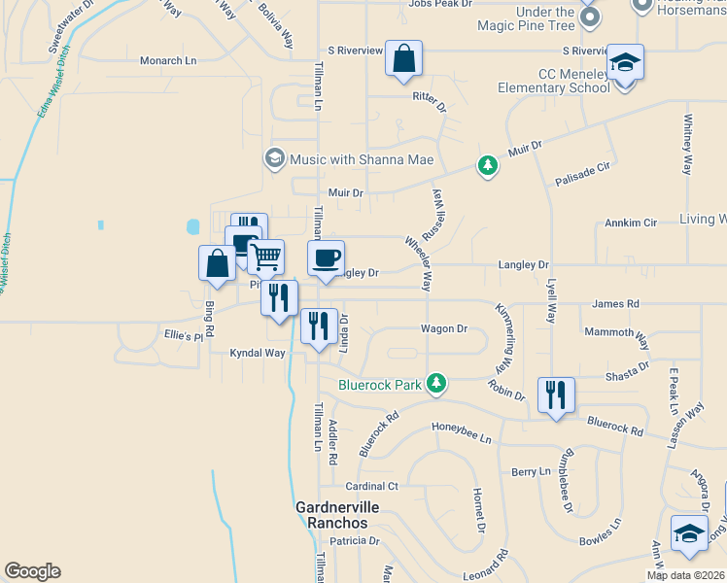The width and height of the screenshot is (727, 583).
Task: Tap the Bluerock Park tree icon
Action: click(x=437, y=384)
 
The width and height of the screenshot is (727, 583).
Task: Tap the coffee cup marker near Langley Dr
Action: click(x=326, y=258)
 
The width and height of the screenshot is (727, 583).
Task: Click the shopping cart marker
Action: click(x=265, y=257)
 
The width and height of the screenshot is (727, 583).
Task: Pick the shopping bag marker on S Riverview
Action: click(x=403, y=58)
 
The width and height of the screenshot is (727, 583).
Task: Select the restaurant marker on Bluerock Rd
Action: click(x=556, y=394)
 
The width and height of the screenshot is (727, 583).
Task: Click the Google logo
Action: click(x=32, y=571)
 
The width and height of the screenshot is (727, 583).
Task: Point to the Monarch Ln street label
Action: click(x=168, y=60)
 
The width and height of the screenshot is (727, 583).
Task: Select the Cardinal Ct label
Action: click(x=372, y=486)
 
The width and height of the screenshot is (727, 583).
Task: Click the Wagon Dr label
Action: click(x=444, y=328)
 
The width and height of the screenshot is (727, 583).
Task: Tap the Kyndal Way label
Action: click(x=258, y=353)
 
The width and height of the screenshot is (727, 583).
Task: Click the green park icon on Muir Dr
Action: click(x=487, y=166)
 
